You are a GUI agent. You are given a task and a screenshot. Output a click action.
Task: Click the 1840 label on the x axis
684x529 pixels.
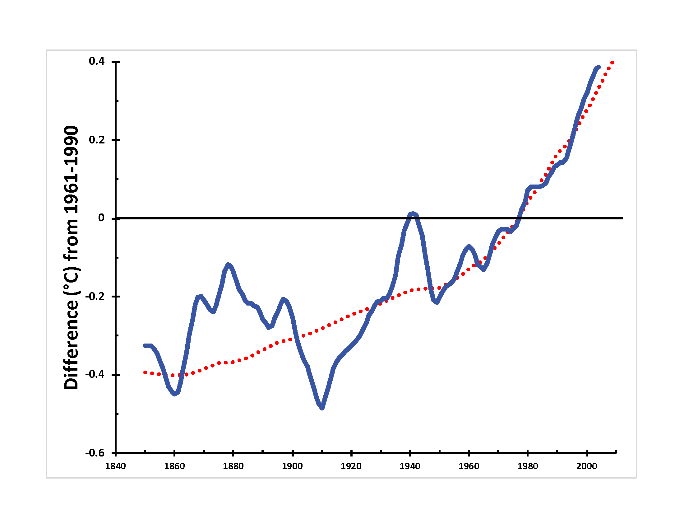click(115, 466)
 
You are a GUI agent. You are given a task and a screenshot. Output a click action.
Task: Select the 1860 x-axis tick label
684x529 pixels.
click(174, 466)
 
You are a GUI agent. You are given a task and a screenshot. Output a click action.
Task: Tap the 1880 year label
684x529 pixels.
click(233, 466)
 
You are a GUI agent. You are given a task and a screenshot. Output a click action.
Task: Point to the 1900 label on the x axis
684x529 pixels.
click(292, 466)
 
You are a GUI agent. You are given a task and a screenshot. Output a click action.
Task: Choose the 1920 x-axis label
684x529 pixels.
click(351, 466)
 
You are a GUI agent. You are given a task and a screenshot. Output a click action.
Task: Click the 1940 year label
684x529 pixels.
click(410, 466)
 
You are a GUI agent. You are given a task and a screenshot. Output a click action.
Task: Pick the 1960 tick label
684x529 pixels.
click(469, 466)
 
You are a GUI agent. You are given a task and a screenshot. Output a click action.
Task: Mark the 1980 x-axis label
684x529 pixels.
click(528, 466)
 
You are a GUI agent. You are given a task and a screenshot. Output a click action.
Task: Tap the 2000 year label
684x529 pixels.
click(587, 466)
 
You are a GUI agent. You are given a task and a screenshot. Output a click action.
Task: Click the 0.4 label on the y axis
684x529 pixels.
click(97, 61)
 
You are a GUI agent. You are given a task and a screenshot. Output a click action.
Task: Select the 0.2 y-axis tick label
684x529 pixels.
click(97, 140)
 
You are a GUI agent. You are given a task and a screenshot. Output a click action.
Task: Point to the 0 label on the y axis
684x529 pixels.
click(101, 218)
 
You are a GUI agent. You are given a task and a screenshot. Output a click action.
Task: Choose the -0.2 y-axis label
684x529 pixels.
click(95, 296)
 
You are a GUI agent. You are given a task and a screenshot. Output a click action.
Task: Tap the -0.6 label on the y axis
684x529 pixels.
click(95, 453)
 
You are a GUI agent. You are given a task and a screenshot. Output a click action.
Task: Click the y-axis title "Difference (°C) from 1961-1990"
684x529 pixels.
click(72, 258)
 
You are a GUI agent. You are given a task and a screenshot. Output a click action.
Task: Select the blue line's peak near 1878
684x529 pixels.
click(228, 265)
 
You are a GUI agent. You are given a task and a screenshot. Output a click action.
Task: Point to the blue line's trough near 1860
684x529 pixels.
click(175, 394)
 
